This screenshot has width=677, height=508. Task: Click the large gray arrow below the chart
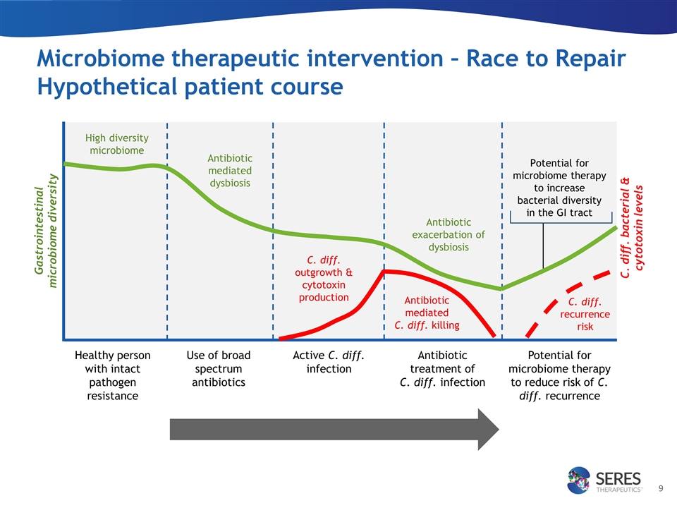pyautogui.click(x=334, y=430)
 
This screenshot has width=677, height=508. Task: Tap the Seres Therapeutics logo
pyautogui.click(x=604, y=480)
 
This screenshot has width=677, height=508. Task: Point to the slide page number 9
pyautogui.click(x=661, y=488)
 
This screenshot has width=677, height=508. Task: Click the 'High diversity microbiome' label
pyautogui.click(x=116, y=144)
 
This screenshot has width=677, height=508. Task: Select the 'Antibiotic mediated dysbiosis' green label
pyautogui.click(x=230, y=171)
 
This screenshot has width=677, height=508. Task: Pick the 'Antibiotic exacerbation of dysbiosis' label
pyautogui.click(x=449, y=234)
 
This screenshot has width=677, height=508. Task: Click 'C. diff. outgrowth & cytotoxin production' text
pyautogui.click(x=324, y=279)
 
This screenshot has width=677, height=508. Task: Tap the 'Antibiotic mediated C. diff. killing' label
pyautogui.click(x=427, y=313)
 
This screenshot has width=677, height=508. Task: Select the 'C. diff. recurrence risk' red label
pyautogui.click(x=585, y=314)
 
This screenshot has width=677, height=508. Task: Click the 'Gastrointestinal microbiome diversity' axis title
pyautogui.click(x=46, y=231)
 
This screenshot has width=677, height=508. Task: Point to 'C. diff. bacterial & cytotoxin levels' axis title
pyautogui.click(x=632, y=228)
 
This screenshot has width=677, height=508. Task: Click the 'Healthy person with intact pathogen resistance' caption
pyautogui.click(x=112, y=375)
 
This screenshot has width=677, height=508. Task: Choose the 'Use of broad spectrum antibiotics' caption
pyautogui.click(x=219, y=368)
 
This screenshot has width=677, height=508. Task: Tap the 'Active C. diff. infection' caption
pyautogui.click(x=329, y=362)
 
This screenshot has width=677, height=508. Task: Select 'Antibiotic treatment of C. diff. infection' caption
pyautogui.click(x=442, y=368)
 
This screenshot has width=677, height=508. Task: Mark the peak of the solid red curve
pyautogui.click(x=384, y=271)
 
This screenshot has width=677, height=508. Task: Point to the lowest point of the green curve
pyautogui.click(x=501, y=289)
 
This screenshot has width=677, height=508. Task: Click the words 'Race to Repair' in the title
pyautogui.click(x=546, y=59)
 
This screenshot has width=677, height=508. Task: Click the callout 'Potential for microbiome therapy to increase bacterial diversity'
pyautogui.click(x=559, y=188)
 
